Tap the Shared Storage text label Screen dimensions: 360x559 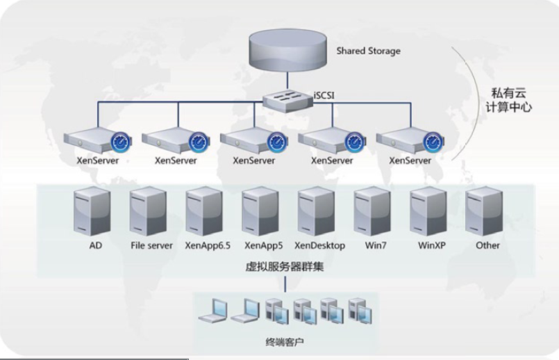(x=368, y=51)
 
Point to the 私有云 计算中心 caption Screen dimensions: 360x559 (x=510, y=99)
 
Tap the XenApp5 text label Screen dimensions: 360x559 (x=260, y=245)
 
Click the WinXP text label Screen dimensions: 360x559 (x=431, y=245)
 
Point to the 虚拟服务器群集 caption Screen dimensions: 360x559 (x=285, y=267)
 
